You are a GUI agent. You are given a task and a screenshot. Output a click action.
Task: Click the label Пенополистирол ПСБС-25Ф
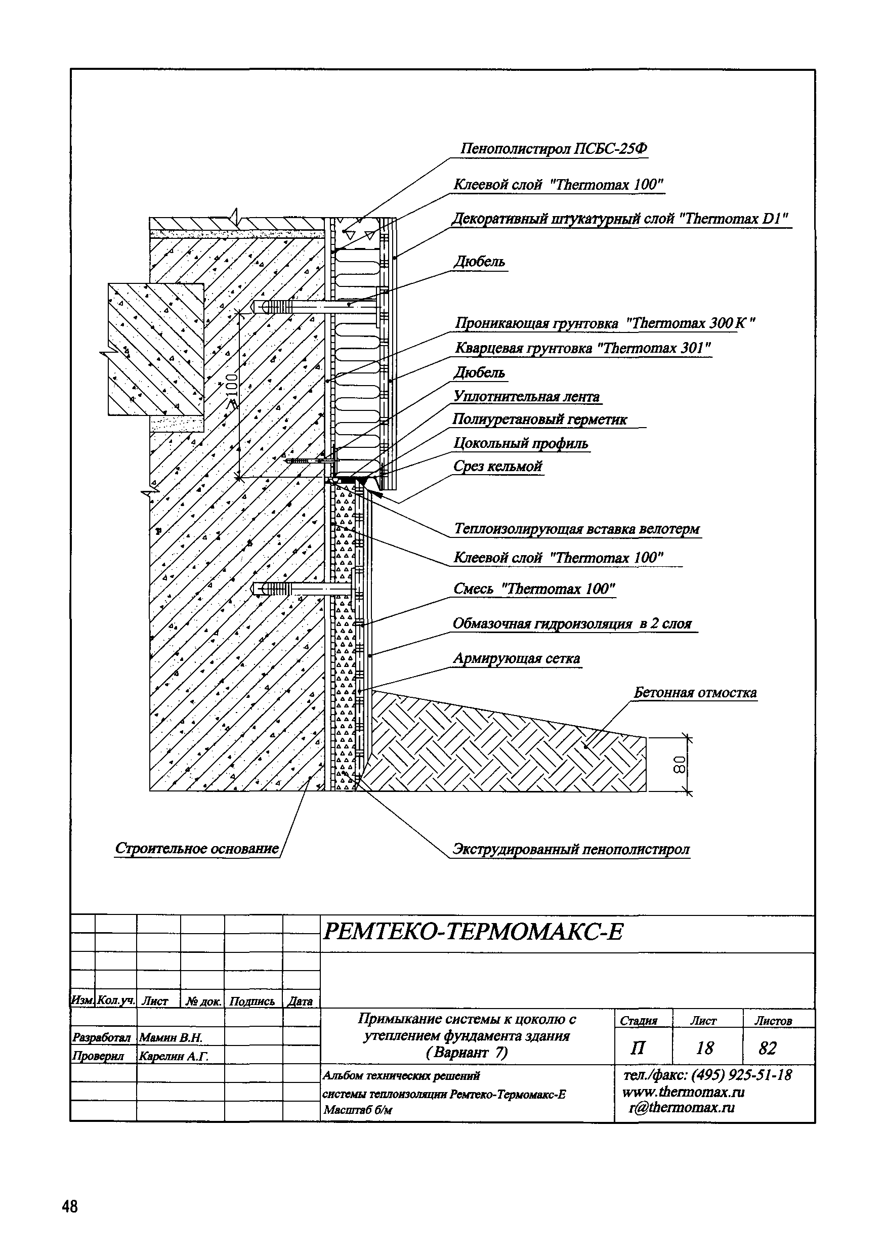pyautogui.click(x=554, y=149)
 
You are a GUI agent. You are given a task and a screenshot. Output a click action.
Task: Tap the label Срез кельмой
pyautogui.click(x=497, y=466)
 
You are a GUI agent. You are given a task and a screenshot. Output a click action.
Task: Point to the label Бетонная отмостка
pyautogui.click(x=695, y=693)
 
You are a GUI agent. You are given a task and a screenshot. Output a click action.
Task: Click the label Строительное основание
pyautogui.click(x=197, y=848)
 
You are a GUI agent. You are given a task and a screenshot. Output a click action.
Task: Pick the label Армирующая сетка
pyautogui.click(x=516, y=659)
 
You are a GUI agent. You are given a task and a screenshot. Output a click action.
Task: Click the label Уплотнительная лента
pyautogui.click(x=526, y=396)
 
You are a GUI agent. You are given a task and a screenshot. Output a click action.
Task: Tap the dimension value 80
pyautogui.click(x=679, y=764)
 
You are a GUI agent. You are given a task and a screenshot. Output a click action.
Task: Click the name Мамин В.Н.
pyautogui.click(x=171, y=1037)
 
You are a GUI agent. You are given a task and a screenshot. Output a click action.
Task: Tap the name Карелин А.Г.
pyautogui.click(x=173, y=1056)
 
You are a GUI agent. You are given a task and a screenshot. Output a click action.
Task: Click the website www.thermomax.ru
pyautogui.click(x=683, y=1092)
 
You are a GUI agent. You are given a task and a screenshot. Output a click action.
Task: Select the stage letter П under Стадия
pyautogui.click(x=638, y=1048)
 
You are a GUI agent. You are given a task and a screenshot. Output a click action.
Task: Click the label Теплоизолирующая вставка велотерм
pyautogui.click(x=577, y=529)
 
